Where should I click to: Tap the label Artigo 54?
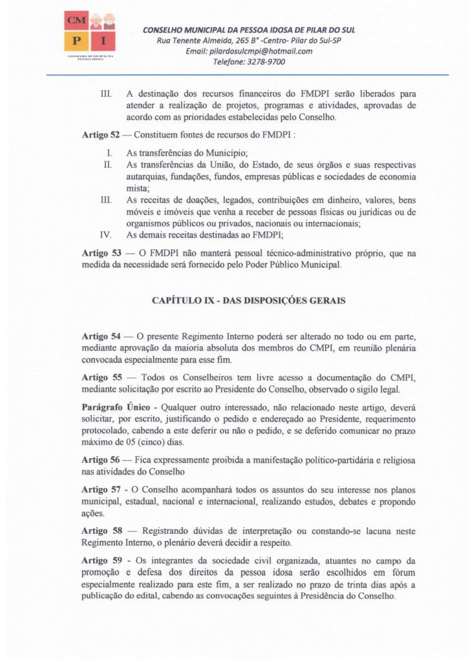click(101, 337)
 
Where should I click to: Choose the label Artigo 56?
click(101, 460)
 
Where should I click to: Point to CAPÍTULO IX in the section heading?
click(182, 300)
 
